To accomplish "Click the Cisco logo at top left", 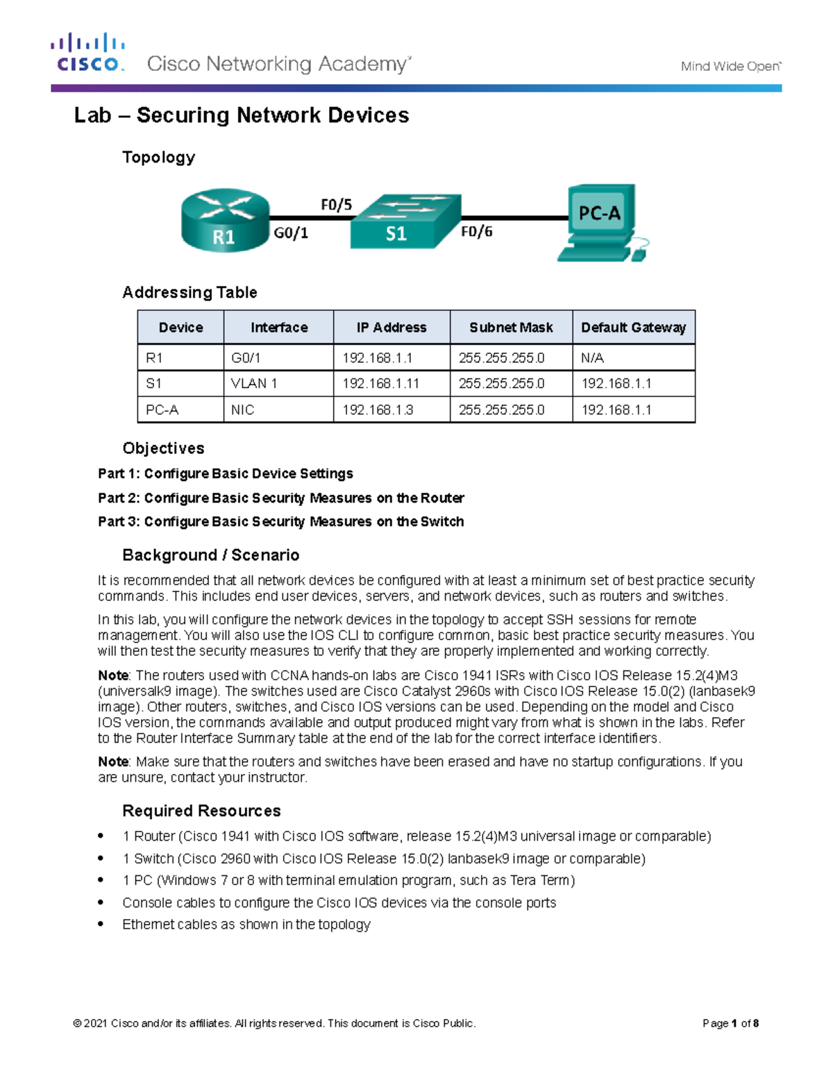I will pyautogui.click(x=87, y=53).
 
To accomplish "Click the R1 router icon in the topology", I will pyautogui.click(x=225, y=220).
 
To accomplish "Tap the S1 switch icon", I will pyautogui.click(x=405, y=221).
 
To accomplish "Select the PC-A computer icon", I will pyautogui.click(x=603, y=222).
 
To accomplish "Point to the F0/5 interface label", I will pyautogui.click(x=336, y=205).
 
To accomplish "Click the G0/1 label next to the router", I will pyautogui.click(x=291, y=233).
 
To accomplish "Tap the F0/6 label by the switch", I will pyautogui.click(x=477, y=232).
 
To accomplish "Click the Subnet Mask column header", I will pyautogui.click(x=511, y=328).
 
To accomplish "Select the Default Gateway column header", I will pyautogui.click(x=633, y=328).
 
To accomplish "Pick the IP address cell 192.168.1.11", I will pyautogui.click(x=380, y=384).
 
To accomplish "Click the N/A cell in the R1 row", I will pyautogui.click(x=592, y=358).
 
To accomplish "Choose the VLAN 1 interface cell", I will pyautogui.click(x=254, y=384).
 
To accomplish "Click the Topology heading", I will pyautogui.click(x=158, y=158).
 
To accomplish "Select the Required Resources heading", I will pyautogui.click(x=201, y=811).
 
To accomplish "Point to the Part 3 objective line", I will pyautogui.click(x=280, y=522).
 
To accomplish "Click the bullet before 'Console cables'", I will pyautogui.click(x=101, y=902).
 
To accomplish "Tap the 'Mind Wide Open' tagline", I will pyautogui.click(x=730, y=67).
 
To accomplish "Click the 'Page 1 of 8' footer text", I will pyautogui.click(x=730, y=1023).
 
